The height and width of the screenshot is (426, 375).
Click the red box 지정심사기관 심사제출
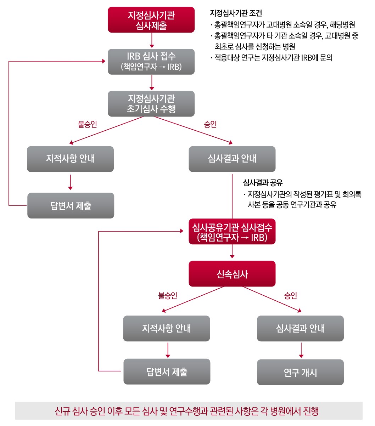coord(151,20)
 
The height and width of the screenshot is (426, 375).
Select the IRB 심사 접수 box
coord(151,62)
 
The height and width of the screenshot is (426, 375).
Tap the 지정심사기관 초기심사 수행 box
coord(151,104)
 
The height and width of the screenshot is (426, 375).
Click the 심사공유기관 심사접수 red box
coord(232,232)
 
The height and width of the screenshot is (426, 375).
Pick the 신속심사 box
coord(232,274)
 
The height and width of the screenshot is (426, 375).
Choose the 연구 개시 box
coord(300,372)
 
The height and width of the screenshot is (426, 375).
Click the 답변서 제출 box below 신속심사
coord(167,371)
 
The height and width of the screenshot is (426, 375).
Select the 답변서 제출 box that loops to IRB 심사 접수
coord(71,205)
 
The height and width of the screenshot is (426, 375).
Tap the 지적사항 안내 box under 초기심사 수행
coord(70,159)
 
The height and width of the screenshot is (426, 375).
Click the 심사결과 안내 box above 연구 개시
coord(300,328)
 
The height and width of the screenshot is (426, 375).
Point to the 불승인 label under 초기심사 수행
coord(87,124)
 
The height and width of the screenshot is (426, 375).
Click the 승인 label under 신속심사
coord(290,295)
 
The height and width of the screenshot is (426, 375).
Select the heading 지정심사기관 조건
coord(236,13)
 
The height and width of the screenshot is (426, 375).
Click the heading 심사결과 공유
coord(263,182)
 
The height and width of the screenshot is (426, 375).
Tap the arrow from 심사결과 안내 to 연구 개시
coord(301,350)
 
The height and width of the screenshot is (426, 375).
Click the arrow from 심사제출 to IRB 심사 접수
coord(152,40)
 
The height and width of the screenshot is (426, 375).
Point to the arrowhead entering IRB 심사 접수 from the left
coord(103,61)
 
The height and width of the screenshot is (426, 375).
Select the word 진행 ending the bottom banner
coord(311,411)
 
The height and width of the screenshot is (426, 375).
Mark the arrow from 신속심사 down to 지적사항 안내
coord(193,299)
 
